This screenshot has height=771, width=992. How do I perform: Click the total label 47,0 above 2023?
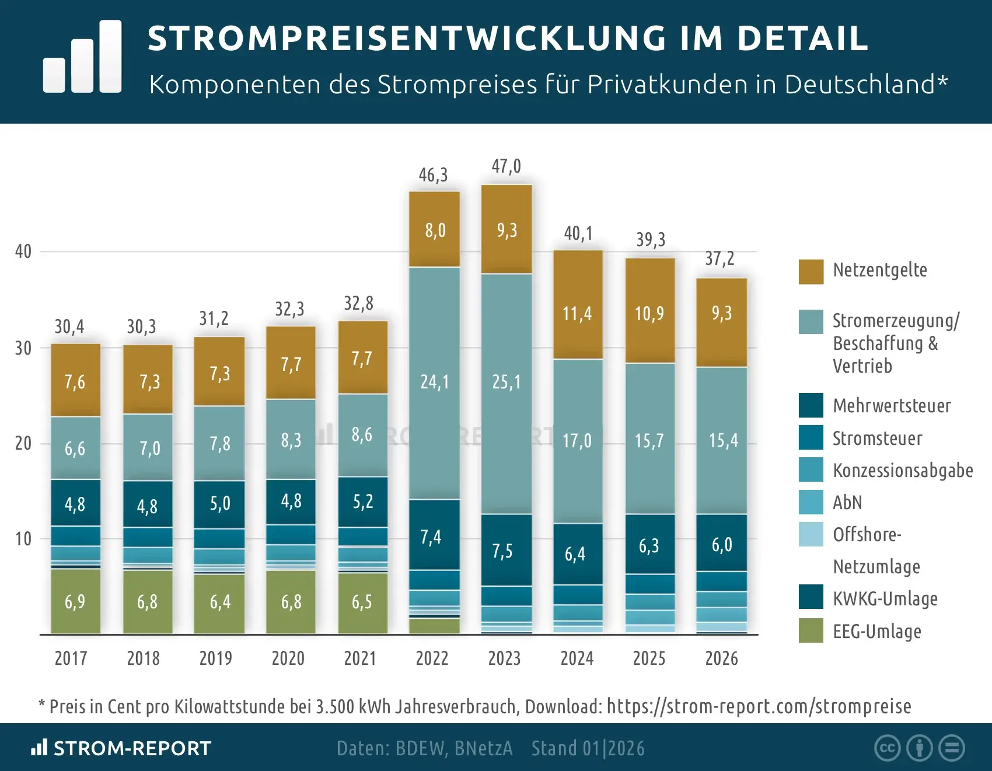(x=506, y=166)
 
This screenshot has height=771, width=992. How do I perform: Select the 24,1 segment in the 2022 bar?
(x=435, y=382)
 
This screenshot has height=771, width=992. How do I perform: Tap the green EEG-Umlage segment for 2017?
(x=75, y=601)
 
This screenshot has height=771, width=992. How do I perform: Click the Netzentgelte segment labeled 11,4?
(x=577, y=314)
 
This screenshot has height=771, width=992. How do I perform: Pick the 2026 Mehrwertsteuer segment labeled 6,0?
(x=722, y=544)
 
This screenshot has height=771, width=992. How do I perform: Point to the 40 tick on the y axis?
(x=23, y=251)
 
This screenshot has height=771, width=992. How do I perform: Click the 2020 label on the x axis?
(x=288, y=658)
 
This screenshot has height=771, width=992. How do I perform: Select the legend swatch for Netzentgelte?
(x=811, y=272)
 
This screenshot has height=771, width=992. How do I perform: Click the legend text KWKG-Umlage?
(x=885, y=599)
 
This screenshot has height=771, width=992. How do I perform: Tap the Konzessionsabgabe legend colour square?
(x=811, y=469)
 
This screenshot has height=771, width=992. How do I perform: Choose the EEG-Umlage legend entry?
(x=877, y=632)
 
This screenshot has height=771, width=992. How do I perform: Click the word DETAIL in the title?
(x=802, y=38)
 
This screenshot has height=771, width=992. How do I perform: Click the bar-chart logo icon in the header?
(x=83, y=57)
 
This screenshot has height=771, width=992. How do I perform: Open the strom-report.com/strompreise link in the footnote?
(x=759, y=706)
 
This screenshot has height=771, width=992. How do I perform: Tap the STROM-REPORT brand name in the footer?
(x=132, y=748)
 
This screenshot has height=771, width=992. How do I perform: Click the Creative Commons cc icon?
(x=888, y=748)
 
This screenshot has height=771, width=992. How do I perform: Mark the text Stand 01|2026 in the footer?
(x=588, y=748)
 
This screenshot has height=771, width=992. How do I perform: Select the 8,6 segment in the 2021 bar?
(x=362, y=434)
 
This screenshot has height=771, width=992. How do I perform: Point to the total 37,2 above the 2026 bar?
(x=719, y=258)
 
